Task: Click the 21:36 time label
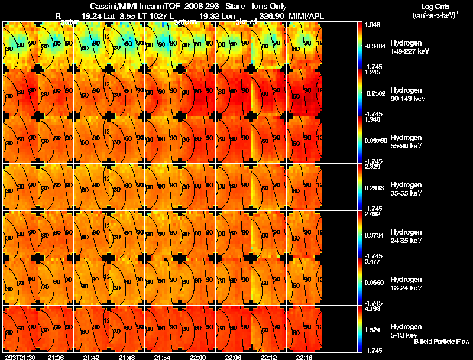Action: coord(56,357)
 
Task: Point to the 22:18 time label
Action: coord(304,357)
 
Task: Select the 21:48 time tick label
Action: coord(127,357)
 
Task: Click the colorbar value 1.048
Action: coord(372,25)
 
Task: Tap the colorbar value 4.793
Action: coord(372,309)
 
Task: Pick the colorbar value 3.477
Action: coord(372,262)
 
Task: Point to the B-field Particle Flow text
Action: coord(441,342)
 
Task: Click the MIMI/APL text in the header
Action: coord(306,16)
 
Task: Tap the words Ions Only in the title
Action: coord(268,6)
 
